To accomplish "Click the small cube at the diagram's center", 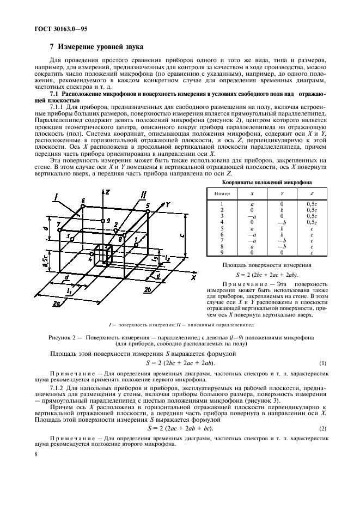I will [x=102, y=254].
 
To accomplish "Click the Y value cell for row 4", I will [x=282, y=222].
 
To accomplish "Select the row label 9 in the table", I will [x=222, y=253].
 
